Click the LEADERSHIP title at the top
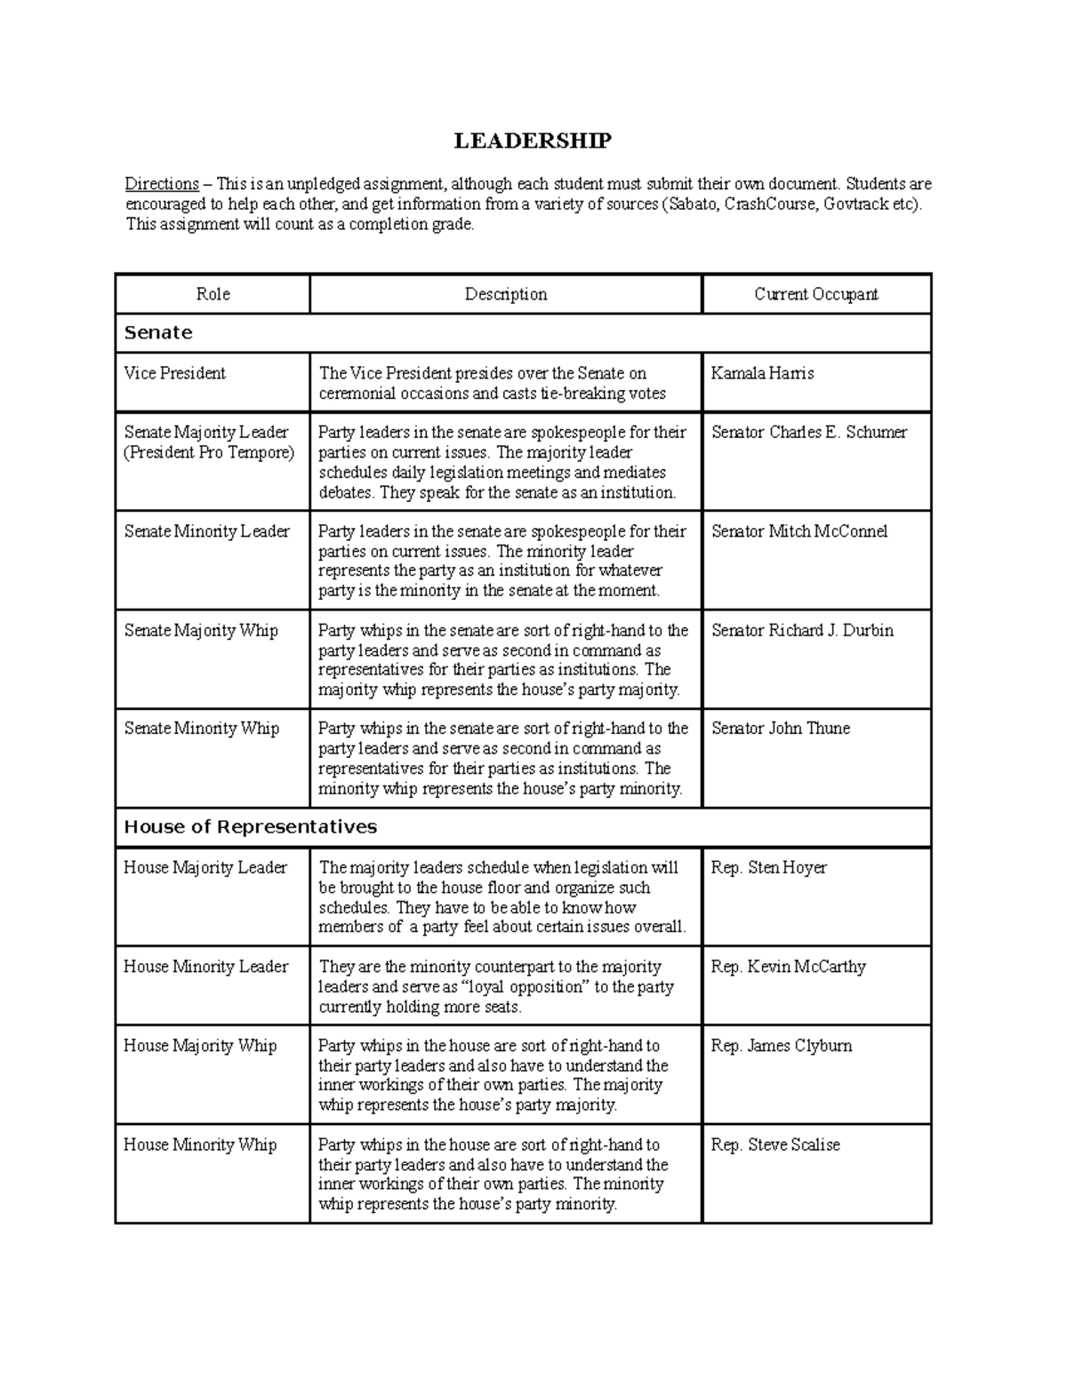pos(533,141)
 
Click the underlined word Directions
pos(161,185)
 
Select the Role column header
pos(213,294)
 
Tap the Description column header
pos(505,294)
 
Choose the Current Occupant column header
pos(815,294)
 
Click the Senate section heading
pos(158,333)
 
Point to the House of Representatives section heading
pos(250,827)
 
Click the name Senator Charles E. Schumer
pos(808,433)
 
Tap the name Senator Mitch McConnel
pos(798,531)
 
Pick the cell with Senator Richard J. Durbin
pos(802,630)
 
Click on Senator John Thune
pos(780,729)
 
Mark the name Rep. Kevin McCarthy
pos(788,967)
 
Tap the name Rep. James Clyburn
pos(781,1046)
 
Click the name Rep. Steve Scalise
pos(774,1145)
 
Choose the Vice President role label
pos(174,373)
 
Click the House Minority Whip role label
pos(200,1145)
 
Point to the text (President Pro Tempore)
pos(209,452)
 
